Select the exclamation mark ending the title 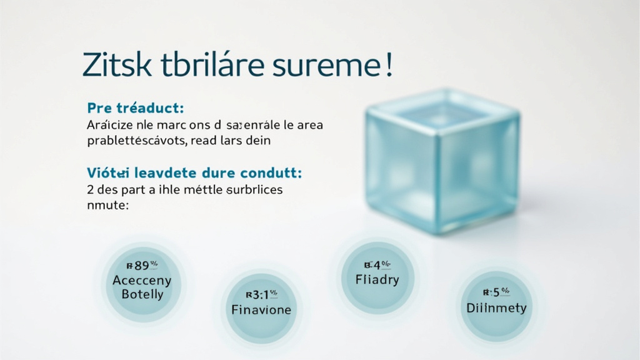(x=389, y=66)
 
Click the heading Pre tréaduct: (x=136, y=107)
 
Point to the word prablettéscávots (x=137, y=141)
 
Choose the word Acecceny (x=142, y=281)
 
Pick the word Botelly (x=142, y=294)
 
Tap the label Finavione (x=261, y=310)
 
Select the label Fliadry (x=377, y=279)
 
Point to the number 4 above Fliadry (x=376, y=264)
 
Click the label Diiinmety (x=496, y=307)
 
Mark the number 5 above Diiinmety (x=497, y=292)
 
